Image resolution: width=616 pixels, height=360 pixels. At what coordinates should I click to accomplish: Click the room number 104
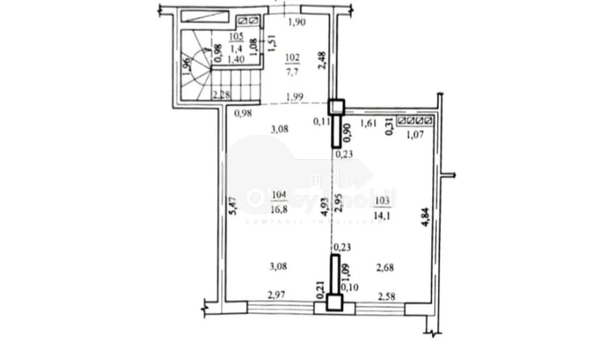(279, 195)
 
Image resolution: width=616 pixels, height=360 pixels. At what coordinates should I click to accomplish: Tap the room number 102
(293, 58)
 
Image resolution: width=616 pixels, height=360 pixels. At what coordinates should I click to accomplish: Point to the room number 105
(236, 36)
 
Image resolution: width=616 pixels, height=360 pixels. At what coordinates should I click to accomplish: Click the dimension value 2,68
(385, 267)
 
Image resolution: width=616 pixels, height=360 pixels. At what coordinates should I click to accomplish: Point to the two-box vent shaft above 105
(249, 21)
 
